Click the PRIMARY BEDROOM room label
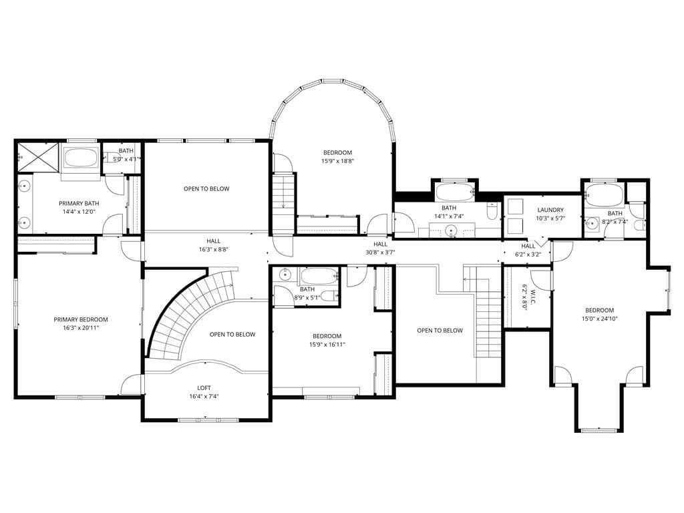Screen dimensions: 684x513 point(81,319)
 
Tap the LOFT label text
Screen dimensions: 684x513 point(204,388)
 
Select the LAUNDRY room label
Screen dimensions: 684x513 point(550,210)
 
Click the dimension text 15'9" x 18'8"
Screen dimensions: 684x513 point(337,161)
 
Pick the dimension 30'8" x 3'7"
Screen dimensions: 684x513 point(380,252)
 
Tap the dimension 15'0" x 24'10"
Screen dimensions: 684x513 point(599,319)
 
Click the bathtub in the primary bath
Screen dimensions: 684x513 point(81,158)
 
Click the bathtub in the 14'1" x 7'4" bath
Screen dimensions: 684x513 point(454,192)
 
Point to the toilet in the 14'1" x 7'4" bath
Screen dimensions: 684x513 point(492,210)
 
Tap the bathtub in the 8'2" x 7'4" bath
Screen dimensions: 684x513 point(604,194)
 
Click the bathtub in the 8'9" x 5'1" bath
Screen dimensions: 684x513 point(319,276)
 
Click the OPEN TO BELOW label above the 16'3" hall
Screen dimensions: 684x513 point(206,189)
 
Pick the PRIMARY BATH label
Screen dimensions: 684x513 point(79,203)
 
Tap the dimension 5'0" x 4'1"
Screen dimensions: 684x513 point(126,159)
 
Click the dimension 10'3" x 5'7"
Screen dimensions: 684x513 point(550,218)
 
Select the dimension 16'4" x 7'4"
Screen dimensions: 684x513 point(204,397)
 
